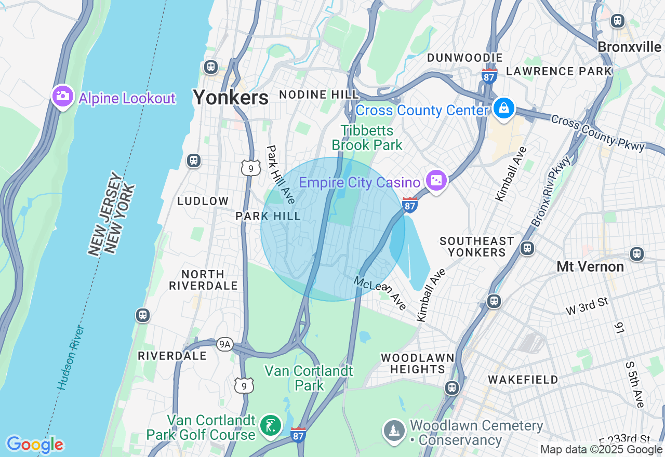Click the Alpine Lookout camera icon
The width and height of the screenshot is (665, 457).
pos(63,96)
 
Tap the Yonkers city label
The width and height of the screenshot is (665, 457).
pos(231,97)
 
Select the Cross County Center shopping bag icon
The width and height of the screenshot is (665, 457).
pos(503,109)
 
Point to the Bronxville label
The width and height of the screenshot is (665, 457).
pos(629,47)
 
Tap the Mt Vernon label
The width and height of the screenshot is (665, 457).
pos(590,266)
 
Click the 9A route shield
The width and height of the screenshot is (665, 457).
pos(224,344)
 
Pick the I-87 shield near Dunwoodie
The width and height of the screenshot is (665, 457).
pos(489,76)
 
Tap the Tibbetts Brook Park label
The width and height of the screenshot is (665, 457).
pos(367,138)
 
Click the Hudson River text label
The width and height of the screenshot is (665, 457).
pos(71,358)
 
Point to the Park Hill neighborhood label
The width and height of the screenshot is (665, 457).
pos(268,216)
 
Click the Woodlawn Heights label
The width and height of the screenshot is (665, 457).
pos(417,364)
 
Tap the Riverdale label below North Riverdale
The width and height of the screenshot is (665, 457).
pos(172,356)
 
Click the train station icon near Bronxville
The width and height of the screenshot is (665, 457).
pos(617,20)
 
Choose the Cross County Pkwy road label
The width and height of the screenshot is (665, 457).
pos(597,133)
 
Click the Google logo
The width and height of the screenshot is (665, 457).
pos(35,445)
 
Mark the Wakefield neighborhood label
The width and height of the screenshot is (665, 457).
pos(523,380)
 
